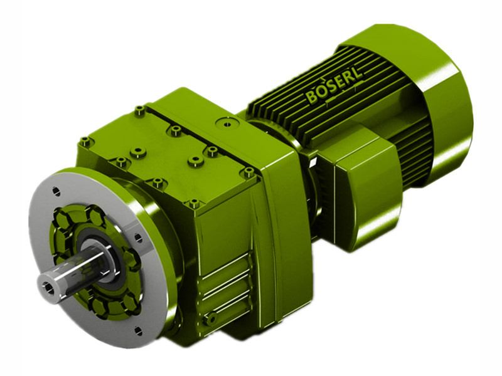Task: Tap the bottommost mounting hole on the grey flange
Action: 139,328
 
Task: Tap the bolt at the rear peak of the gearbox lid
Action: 139,111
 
